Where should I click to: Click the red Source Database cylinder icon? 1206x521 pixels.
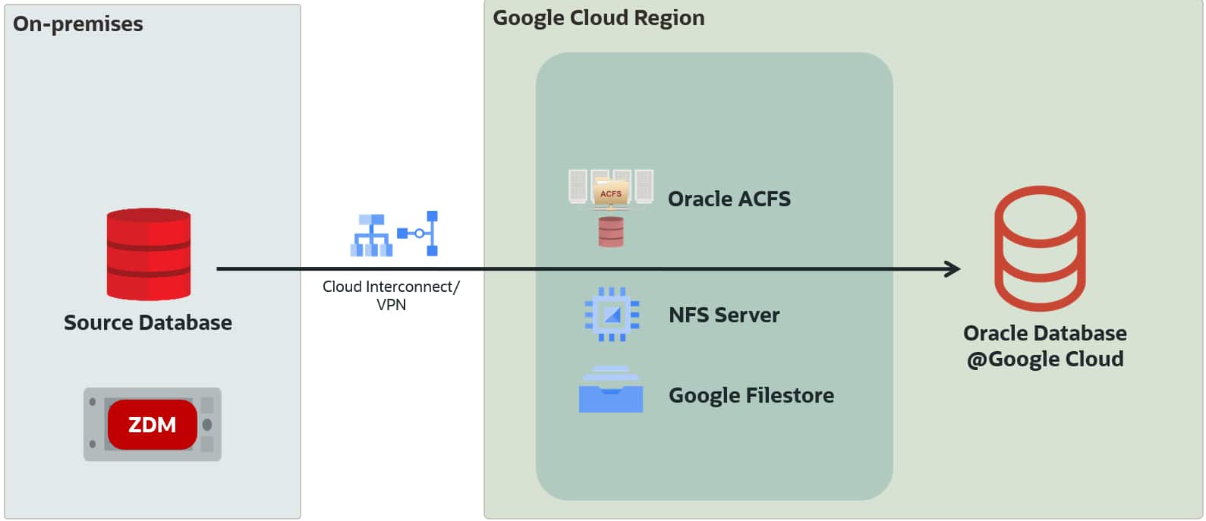149,254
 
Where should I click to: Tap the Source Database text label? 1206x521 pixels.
148,323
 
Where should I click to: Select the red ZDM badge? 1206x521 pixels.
152,425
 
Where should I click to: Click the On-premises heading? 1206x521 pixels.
78,24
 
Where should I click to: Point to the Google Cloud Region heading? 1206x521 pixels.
598,18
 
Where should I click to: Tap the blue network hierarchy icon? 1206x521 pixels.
371,235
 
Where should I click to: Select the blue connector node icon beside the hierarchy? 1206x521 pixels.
420,233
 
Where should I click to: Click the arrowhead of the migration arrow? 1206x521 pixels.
953,268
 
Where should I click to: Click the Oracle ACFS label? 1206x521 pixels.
729,199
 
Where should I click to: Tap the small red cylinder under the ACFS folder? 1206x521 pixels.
611,232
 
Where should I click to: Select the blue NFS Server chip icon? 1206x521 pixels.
612,314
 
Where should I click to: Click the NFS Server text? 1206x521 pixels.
723,315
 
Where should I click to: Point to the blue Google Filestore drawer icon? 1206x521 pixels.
611,390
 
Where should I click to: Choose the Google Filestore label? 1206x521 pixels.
751,396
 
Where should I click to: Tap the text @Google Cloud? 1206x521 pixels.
1045,359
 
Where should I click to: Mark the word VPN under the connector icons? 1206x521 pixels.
391,305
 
